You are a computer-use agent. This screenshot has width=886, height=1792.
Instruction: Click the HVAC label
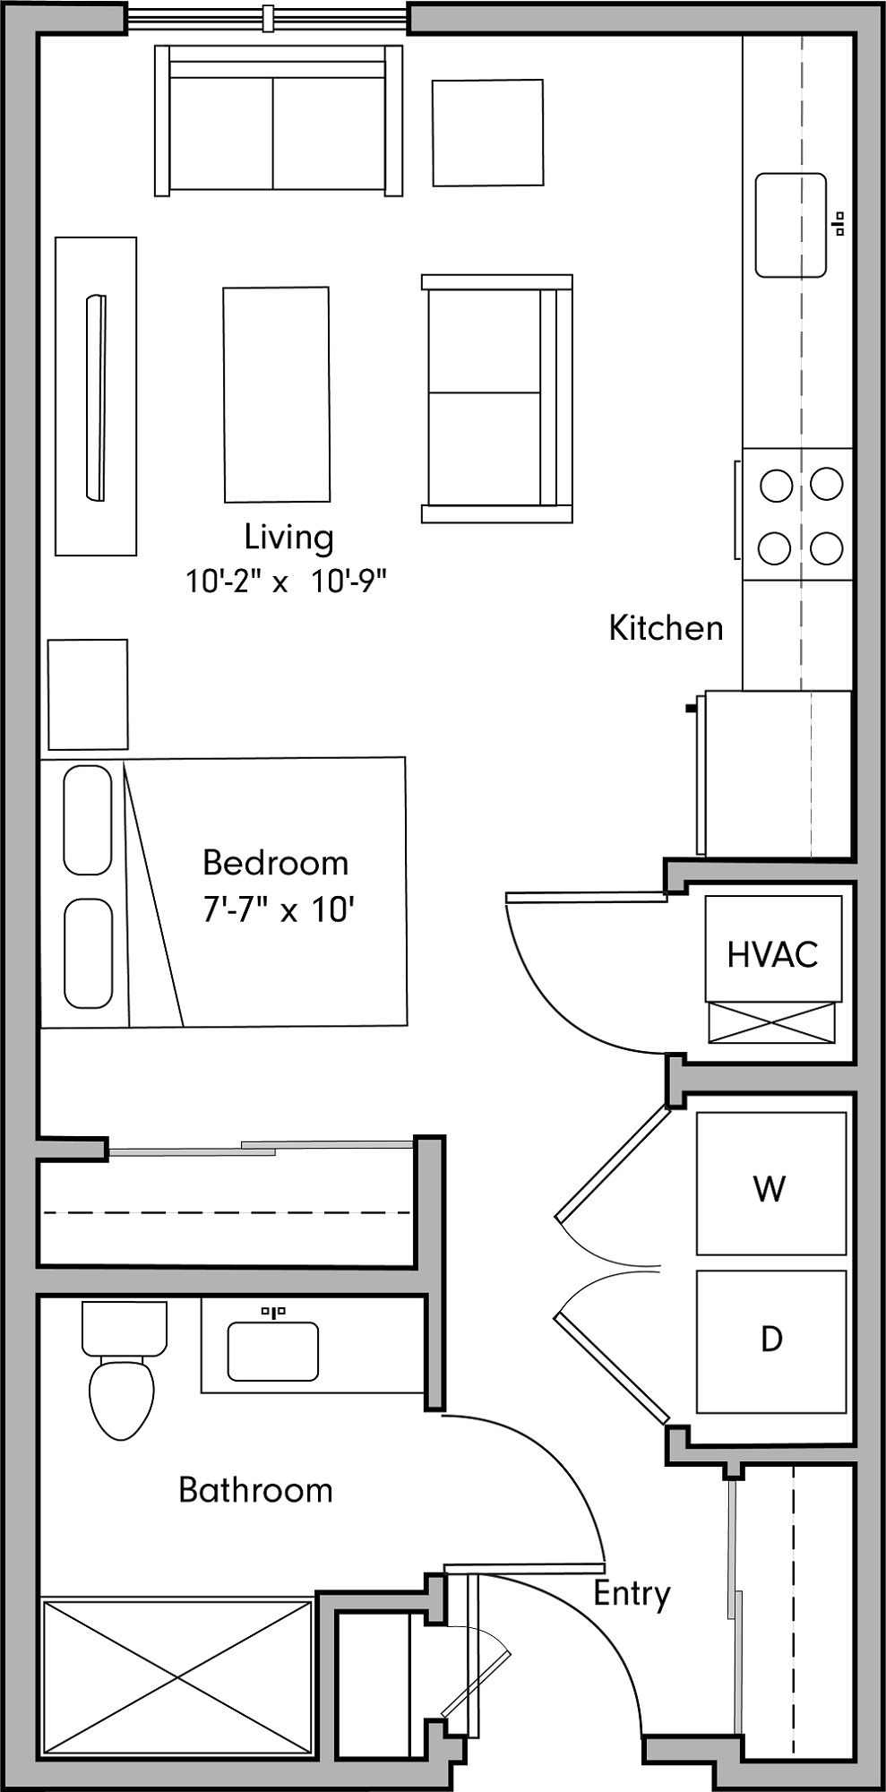coord(772,955)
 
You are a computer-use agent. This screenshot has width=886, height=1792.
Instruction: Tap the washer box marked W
coord(770,1183)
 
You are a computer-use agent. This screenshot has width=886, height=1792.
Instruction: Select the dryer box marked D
coord(770,1340)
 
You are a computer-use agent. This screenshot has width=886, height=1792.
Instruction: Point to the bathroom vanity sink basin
coord(272,1352)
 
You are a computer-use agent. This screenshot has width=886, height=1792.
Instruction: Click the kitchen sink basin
coord(790,225)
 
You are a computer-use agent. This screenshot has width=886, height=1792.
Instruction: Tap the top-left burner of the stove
coord(776,486)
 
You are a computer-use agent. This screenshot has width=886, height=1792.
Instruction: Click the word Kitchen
coord(666,628)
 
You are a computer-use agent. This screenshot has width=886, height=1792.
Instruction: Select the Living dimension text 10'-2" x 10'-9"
coord(286,582)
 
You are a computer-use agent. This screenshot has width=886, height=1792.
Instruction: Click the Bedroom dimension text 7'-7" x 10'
coord(279,910)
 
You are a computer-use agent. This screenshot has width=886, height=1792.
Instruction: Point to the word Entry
coord(632,1593)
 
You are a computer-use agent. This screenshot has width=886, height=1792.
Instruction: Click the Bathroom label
coord(255,1490)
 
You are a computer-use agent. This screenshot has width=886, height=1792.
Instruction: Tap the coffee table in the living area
coord(276,394)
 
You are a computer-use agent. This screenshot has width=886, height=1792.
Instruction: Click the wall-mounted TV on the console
coord(96,397)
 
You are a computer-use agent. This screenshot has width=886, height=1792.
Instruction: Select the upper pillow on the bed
coord(88,820)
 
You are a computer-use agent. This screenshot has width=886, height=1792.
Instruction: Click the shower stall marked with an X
coord(176,1676)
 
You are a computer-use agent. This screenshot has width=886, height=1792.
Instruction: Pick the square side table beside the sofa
coord(487,133)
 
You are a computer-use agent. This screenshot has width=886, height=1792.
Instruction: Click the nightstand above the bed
coord(88,694)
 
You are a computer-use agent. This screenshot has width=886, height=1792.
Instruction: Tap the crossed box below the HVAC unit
coord(771,1023)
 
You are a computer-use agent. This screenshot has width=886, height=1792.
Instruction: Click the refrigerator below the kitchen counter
coord(776,773)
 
